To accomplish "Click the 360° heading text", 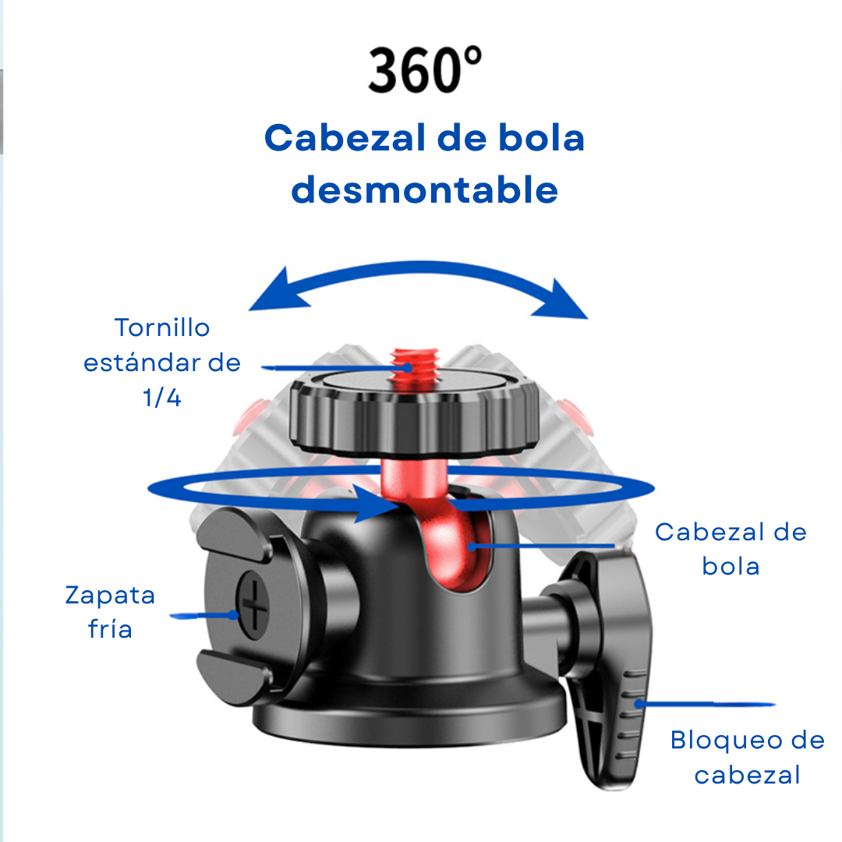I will point(424,70).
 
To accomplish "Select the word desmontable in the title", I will point(424,190).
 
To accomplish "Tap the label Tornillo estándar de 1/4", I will point(162,363).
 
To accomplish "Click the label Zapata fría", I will point(110,612).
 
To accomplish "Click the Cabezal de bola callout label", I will point(731,548).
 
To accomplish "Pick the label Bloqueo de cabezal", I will point(747,757).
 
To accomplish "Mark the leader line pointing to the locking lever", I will point(706,704).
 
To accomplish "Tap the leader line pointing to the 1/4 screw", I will point(327,366).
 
